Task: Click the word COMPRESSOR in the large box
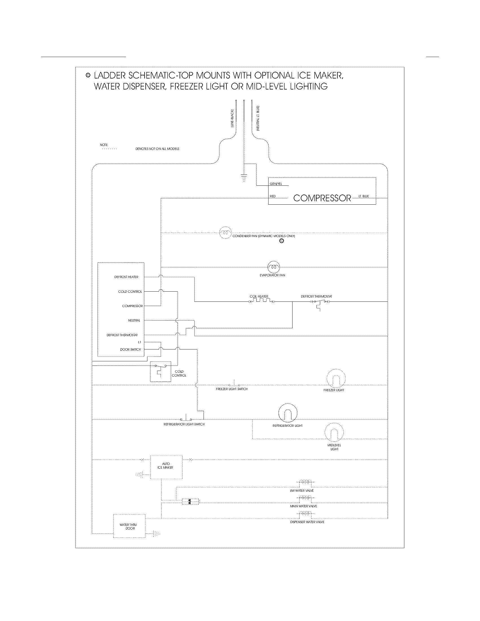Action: tap(322, 198)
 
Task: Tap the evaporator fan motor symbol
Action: tap(274, 267)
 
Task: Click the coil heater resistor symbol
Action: tap(261, 301)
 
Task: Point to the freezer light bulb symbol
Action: tap(336, 379)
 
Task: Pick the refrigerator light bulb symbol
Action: tap(287, 413)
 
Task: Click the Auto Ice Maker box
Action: tap(166, 467)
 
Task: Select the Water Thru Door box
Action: tap(129, 526)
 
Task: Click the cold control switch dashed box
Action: tap(160, 371)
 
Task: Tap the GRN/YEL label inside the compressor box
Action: tap(276, 184)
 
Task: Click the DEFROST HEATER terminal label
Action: tap(126, 277)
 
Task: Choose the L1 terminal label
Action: tap(139, 342)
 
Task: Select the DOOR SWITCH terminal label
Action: tap(130, 349)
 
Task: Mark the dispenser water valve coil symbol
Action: tap(305, 513)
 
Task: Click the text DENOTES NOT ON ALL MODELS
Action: tap(157, 149)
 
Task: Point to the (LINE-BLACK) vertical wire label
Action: tap(232, 118)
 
